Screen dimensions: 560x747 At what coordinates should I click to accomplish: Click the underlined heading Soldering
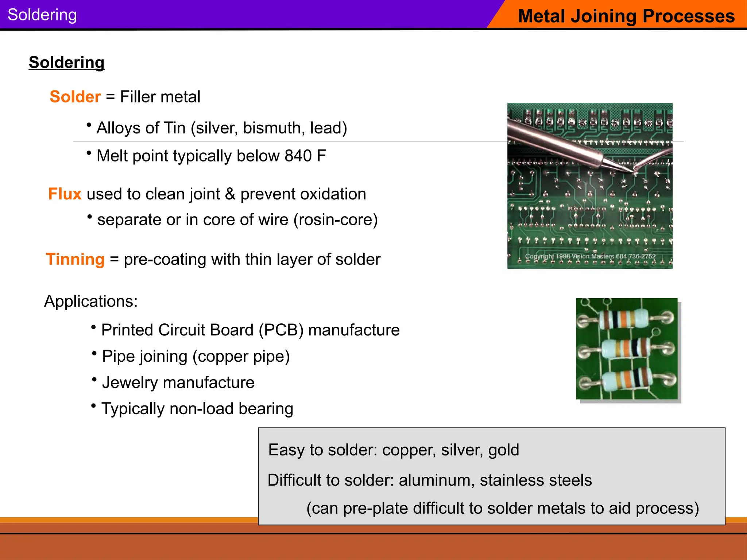pyautogui.click(x=66, y=62)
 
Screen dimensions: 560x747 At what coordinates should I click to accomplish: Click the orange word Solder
pyautogui.click(x=75, y=97)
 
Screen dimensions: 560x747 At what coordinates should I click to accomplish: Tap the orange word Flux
pyautogui.click(x=65, y=194)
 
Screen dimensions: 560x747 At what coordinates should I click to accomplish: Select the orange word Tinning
pyautogui.click(x=75, y=260)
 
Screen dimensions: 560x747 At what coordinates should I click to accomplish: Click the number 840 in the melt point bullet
pyautogui.click(x=298, y=156)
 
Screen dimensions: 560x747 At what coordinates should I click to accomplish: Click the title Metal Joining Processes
pyautogui.click(x=626, y=16)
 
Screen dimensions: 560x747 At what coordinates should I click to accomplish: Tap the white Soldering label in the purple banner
pyautogui.click(x=42, y=15)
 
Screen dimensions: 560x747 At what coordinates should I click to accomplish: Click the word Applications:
pyautogui.click(x=91, y=302)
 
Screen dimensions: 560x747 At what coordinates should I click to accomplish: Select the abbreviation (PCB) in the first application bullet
pyautogui.click(x=281, y=330)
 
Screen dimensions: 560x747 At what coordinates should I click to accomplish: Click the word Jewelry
pyautogui.click(x=130, y=383)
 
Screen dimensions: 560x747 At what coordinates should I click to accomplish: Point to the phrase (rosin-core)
pyautogui.click(x=336, y=220)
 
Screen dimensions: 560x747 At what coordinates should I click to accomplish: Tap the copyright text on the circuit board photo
pyautogui.click(x=590, y=256)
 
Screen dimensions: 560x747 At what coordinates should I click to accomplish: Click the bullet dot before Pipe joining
pyautogui.click(x=94, y=353)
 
